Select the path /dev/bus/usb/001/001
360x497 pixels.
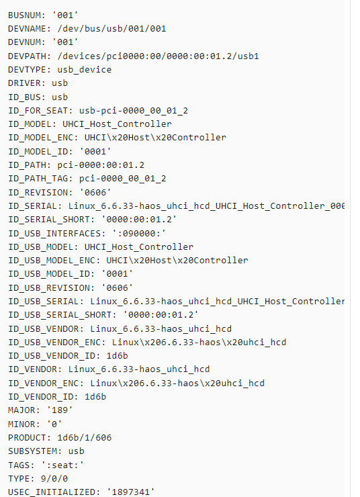point(111,29)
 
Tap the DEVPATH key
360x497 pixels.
point(29,56)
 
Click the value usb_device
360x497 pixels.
point(85,70)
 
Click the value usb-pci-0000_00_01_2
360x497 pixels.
point(134,111)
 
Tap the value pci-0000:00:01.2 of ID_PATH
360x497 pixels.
point(101,165)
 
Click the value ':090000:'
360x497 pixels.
point(139,234)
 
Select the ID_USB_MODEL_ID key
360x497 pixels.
point(51,274)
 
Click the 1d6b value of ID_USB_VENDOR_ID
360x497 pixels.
point(118,356)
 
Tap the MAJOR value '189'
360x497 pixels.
point(60,410)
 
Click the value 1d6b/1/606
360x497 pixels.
point(85,438)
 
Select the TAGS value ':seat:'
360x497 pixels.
point(62,465)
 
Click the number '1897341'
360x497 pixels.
point(131,492)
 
